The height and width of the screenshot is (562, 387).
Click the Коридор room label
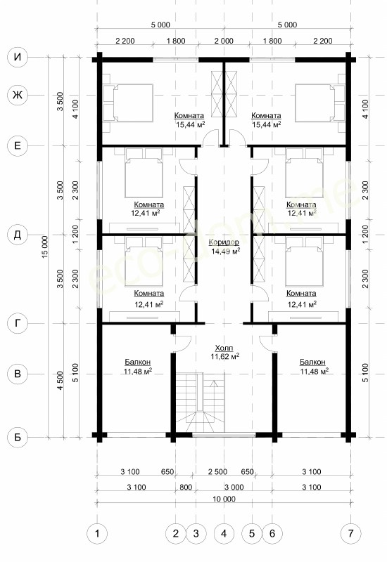click(x=224, y=242)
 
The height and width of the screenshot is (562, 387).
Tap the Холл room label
click(x=224, y=348)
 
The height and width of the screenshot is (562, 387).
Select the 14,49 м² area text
click(x=226, y=251)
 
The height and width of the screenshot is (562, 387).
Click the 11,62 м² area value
click(x=224, y=356)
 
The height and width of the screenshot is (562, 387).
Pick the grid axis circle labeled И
click(x=18, y=58)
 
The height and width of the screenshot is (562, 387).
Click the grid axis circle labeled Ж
click(x=18, y=95)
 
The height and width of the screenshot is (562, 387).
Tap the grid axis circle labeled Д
click(x=18, y=235)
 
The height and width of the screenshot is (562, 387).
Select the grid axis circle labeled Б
click(x=18, y=437)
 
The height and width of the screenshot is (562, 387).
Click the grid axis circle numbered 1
click(x=97, y=533)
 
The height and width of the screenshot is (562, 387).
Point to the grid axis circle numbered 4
click(x=224, y=533)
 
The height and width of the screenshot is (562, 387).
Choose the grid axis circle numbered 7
click(x=350, y=533)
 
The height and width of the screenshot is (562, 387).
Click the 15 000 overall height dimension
click(x=44, y=247)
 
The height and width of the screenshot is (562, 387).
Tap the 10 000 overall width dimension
click(x=224, y=499)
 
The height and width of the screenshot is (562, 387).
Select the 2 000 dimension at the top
click(x=224, y=41)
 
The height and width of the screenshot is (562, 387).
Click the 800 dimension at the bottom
click(x=186, y=487)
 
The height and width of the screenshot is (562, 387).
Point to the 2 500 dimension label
click(x=217, y=471)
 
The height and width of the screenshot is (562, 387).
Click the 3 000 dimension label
click(x=234, y=487)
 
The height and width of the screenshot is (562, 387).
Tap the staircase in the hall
click(x=200, y=403)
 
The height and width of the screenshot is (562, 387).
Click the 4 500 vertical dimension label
click(x=61, y=381)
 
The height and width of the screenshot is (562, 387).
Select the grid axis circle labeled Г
click(x=18, y=323)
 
